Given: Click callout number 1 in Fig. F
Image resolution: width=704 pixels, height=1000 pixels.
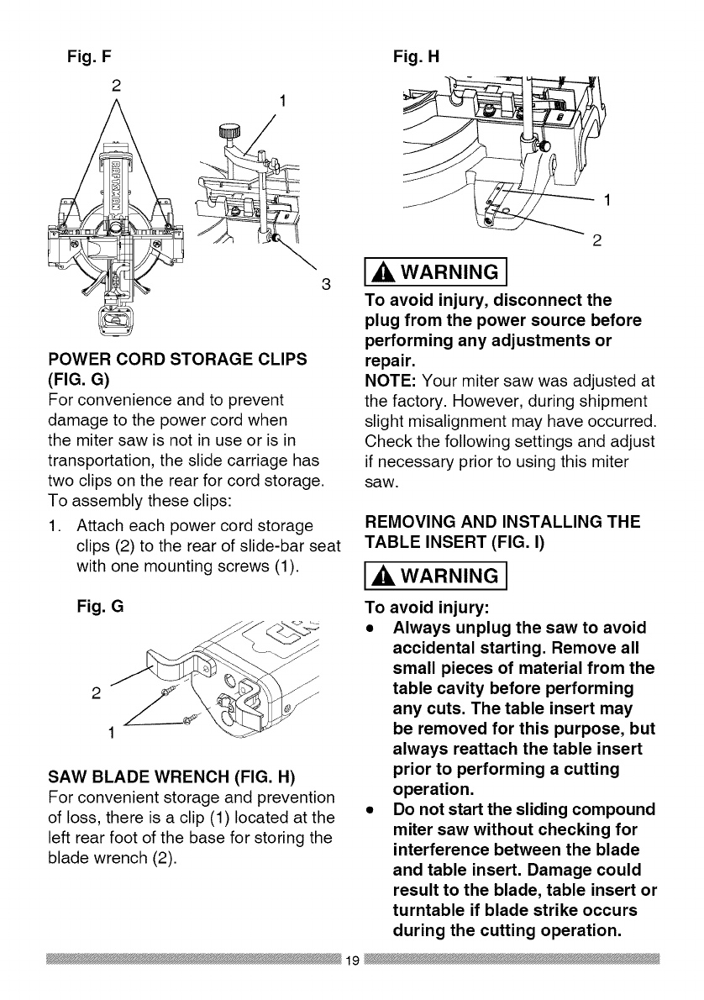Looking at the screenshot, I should click(x=284, y=102).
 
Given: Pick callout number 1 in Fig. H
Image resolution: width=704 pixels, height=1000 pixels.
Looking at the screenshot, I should click(x=607, y=201).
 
